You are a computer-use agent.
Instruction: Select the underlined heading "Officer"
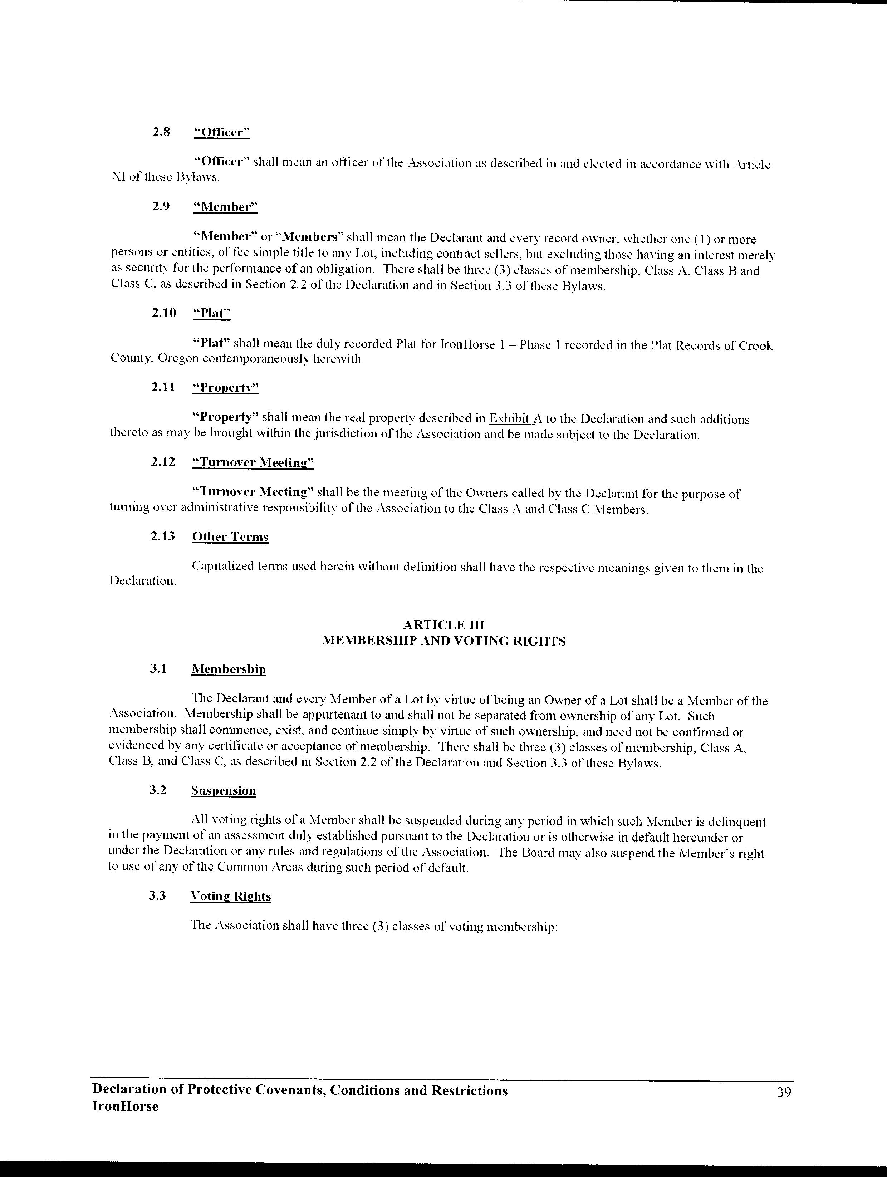(221, 132)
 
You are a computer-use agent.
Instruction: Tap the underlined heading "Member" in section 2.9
(225, 207)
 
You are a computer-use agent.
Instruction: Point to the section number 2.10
(163, 313)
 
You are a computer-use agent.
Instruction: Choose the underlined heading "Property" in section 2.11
(226, 388)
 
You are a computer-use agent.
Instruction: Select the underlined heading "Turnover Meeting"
(253, 462)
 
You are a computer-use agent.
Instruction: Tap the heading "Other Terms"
(230, 537)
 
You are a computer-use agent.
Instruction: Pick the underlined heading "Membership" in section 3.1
(228, 670)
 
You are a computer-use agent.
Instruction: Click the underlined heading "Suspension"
(224, 791)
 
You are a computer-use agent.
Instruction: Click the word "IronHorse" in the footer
(125, 1107)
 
